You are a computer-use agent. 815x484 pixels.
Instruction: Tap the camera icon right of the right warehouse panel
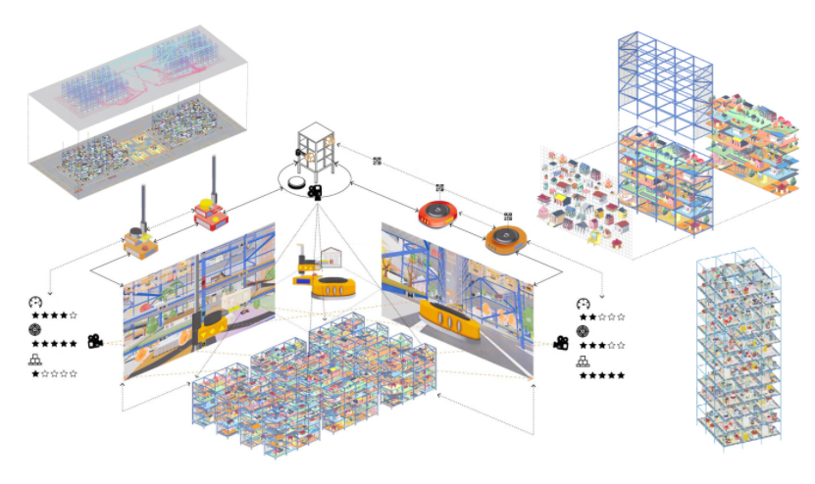[561, 342]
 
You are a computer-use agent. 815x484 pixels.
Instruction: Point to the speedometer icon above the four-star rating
[36, 301]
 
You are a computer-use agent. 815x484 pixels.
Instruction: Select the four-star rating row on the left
[54, 315]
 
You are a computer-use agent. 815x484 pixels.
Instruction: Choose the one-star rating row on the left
[54, 373]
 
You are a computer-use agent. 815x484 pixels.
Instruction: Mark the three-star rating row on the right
[601, 345]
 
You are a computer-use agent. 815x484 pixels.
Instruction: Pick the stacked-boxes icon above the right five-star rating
[584, 361]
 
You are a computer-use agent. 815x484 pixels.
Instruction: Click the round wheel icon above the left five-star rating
[36, 330]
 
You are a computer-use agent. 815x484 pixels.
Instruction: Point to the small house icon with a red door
[332, 258]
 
